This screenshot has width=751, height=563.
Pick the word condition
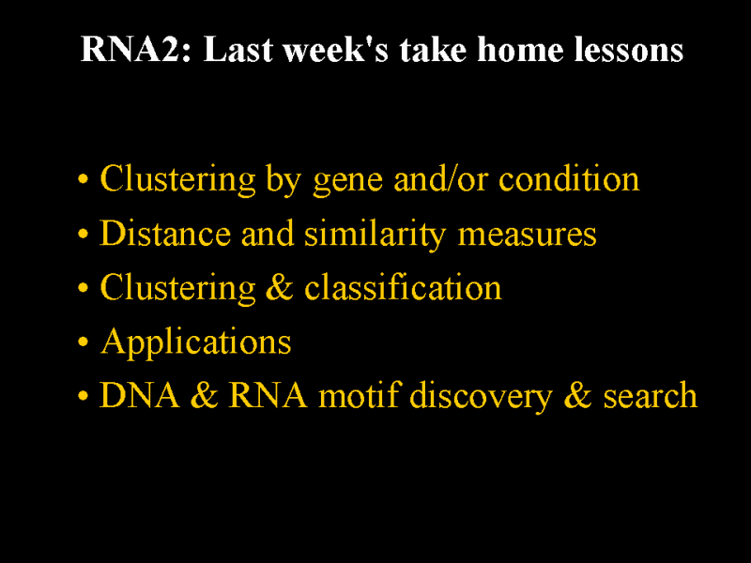click(569, 179)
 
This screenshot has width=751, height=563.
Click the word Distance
click(165, 233)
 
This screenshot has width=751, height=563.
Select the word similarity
click(375, 236)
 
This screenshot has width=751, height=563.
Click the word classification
click(403, 287)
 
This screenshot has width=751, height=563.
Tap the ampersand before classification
click(279, 288)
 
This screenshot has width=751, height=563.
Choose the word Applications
click(196, 343)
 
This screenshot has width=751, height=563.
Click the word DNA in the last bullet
click(139, 395)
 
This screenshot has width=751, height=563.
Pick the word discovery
click(481, 396)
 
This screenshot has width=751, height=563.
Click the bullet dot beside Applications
click(83, 342)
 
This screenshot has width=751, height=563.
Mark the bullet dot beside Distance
click(83, 234)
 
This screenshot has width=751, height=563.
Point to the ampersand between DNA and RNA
click(205, 395)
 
